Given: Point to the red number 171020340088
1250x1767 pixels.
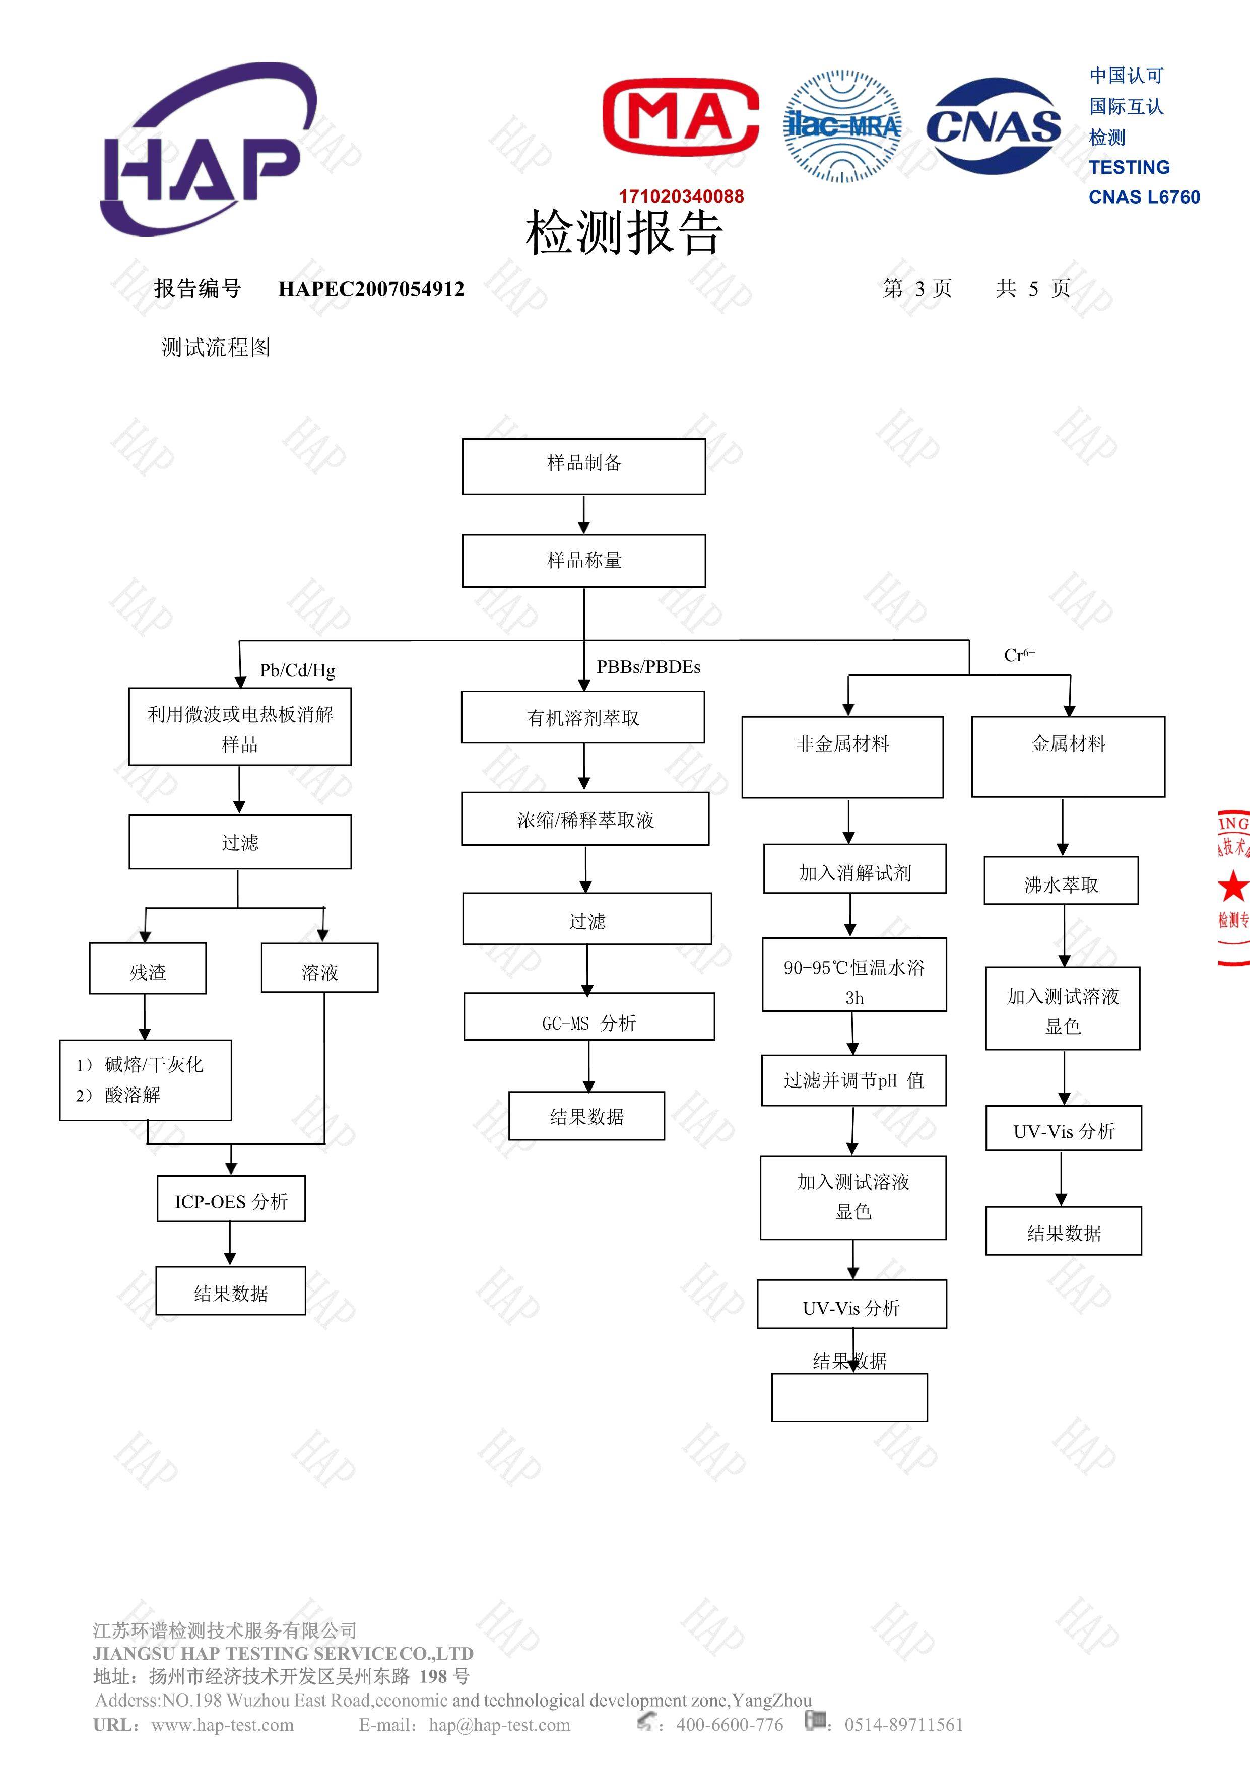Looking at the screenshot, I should [681, 197].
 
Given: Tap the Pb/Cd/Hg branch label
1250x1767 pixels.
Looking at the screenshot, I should [297, 670].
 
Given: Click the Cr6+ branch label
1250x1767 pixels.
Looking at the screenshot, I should [1018, 655].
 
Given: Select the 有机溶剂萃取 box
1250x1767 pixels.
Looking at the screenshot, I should [582, 717].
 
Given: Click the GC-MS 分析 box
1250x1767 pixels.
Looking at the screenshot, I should [589, 1016].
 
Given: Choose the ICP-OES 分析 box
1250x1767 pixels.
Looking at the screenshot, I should [231, 1198].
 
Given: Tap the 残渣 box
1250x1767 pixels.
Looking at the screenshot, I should [148, 968].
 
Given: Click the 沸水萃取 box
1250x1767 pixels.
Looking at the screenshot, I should [1061, 880].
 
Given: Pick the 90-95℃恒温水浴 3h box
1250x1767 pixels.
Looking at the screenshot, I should [853, 974].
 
